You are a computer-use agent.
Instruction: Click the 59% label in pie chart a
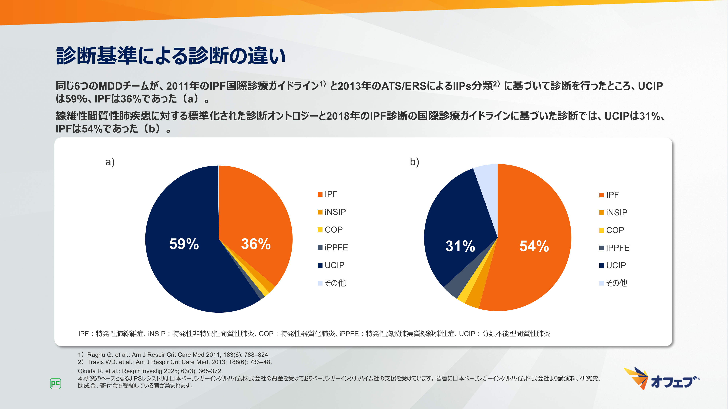(184, 244)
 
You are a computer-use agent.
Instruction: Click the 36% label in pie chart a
(256, 244)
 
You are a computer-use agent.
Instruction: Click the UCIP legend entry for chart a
(331, 265)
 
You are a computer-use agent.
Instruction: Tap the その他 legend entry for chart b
(613, 283)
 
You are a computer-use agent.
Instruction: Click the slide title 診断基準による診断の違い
(171, 56)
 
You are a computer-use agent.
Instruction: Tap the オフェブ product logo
(661, 379)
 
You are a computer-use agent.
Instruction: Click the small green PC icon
(55, 384)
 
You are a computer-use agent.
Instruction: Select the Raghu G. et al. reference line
(174, 354)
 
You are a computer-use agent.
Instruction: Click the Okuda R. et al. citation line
(150, 371)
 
